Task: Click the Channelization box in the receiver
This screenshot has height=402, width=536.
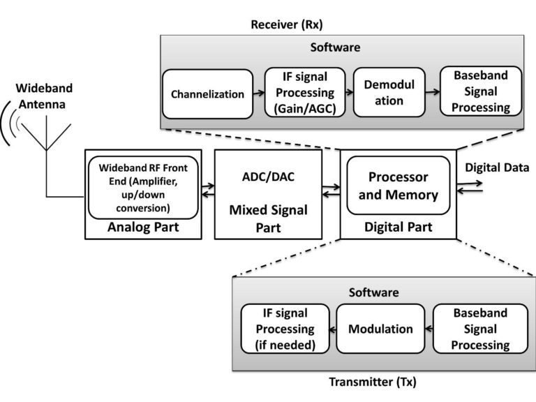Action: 207,93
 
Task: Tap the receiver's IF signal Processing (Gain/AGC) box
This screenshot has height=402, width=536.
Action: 299,93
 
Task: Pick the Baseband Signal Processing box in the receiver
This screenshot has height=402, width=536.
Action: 480,93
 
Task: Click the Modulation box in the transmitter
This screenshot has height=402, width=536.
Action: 380,329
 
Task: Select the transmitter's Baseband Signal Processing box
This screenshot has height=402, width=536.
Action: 479,329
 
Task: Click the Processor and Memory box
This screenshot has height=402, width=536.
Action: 397,185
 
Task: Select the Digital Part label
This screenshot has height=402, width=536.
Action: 397,227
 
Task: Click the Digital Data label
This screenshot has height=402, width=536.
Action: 497,167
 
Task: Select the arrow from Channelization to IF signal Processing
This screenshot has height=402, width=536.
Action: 258,93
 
